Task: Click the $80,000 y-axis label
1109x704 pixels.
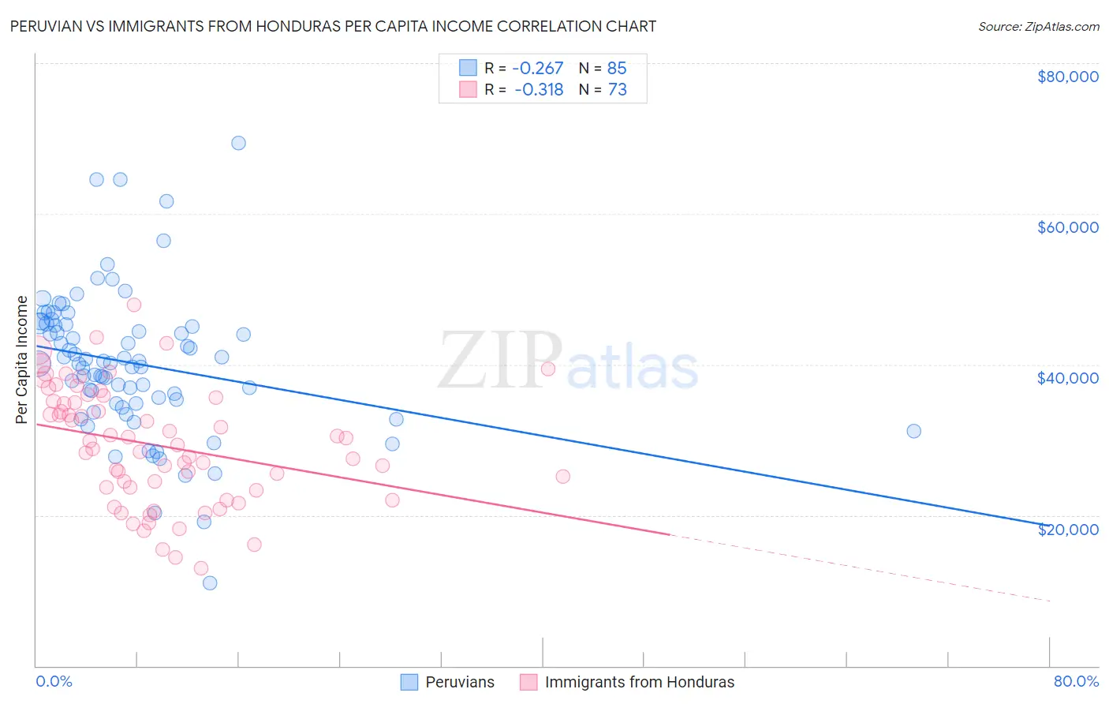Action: point(1067,77)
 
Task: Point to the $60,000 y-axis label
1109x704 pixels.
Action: point(1067,227)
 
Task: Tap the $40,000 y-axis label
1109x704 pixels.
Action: point(1067,378)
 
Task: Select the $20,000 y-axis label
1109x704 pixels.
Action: point(1067,529)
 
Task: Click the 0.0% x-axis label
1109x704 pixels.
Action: point(54,681)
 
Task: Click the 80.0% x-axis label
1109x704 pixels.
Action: point(1076,681)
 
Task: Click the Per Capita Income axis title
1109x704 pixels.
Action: point(21,359)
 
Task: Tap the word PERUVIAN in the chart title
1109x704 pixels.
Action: point(48,26)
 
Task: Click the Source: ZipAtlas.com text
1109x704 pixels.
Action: point(1038,26)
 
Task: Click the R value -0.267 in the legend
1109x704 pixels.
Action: point(539,68)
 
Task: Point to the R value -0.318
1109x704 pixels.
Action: point(539,89)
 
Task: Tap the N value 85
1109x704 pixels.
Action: point(617,68)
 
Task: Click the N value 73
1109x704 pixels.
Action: point(617,89)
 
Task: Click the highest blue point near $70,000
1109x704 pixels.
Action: point(238,143)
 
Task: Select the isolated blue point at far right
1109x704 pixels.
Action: point(913,431)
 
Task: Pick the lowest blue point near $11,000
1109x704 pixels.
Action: point(210,582)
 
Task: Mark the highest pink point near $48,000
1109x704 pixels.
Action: point(134,305)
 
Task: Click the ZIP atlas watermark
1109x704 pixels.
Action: point(568,361)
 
